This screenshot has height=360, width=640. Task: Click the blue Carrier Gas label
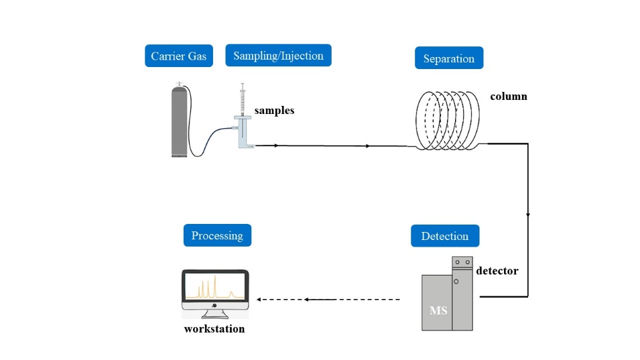click(179, 56)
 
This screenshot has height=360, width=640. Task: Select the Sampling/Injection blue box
click(278, 56)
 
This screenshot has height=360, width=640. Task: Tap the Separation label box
click(449, 58)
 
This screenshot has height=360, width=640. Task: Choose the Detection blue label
click(445, 236)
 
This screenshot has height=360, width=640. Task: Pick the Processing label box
click(217, 235)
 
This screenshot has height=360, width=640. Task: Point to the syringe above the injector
click(243, 101)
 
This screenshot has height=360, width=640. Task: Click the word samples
click(274, 111)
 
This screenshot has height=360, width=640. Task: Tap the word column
click(509, 97)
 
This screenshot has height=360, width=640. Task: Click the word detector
click(497, 272)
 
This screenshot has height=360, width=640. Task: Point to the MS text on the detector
click(438, 311)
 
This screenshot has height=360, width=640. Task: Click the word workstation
click(214, 329)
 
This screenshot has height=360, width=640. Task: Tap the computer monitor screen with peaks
click(215, 286)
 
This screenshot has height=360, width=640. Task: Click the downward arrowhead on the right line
click(528, 215)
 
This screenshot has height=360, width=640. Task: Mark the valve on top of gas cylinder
click(178, 84)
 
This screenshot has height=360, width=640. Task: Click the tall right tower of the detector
click(462, 295)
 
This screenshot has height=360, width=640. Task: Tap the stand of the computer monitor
click(215, 313)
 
